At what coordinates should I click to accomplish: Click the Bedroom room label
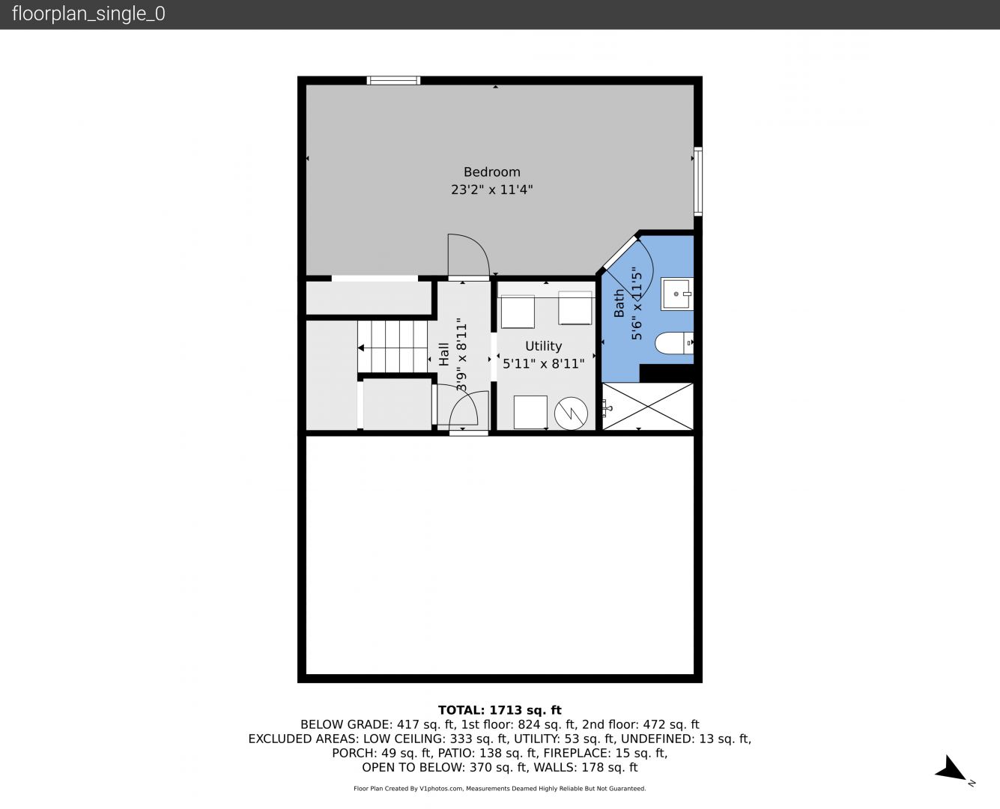(491, 172)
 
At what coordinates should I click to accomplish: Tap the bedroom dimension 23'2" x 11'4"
(491, 190)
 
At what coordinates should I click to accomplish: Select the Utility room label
(543, 346)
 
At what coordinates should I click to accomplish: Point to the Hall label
(443, 354)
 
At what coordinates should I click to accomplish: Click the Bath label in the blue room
(619, 303)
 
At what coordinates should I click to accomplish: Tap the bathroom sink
(677, 294)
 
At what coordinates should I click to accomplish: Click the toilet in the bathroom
(674, 343)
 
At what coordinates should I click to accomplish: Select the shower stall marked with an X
(647, 406)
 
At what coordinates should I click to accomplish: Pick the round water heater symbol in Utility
(571, 413)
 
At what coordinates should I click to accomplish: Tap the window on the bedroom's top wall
(393, 80)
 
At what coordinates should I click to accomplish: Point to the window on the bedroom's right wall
(698, 181)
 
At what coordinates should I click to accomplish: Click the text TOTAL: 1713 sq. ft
(500, 710)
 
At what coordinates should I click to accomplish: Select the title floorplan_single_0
(88, 14)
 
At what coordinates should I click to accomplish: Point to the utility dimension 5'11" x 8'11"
(543, 363)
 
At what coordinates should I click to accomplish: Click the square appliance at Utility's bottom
(530, 412)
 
